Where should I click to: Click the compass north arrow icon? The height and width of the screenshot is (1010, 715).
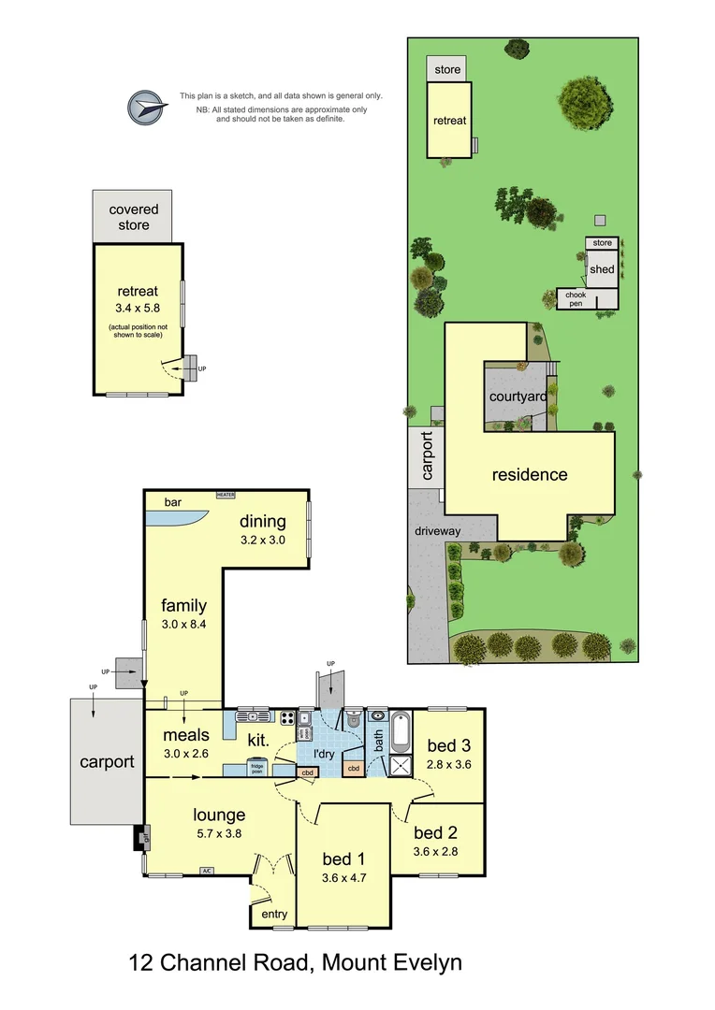point(146,108)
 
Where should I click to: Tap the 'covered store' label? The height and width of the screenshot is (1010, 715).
point(133,217)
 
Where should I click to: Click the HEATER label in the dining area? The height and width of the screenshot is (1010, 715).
point(226,495)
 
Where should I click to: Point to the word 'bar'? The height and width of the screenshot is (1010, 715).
point(173,502)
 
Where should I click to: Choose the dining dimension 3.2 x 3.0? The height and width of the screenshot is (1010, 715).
point(262,540)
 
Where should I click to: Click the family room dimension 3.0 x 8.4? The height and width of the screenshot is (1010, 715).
point(182,624)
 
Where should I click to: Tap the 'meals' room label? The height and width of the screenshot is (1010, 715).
point(185,734)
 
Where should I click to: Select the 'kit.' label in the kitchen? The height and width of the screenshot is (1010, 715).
point(258,740)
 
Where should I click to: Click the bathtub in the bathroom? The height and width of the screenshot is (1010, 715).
point(401,733)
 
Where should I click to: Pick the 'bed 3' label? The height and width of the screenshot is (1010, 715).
point(449,745)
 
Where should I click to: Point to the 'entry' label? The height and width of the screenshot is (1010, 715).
point(274,914)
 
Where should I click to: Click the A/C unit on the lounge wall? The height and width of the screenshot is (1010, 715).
point(206,872)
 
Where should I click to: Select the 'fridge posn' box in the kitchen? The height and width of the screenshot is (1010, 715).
point(255,770)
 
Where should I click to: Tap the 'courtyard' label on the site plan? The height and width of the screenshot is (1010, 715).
point(518,397)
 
